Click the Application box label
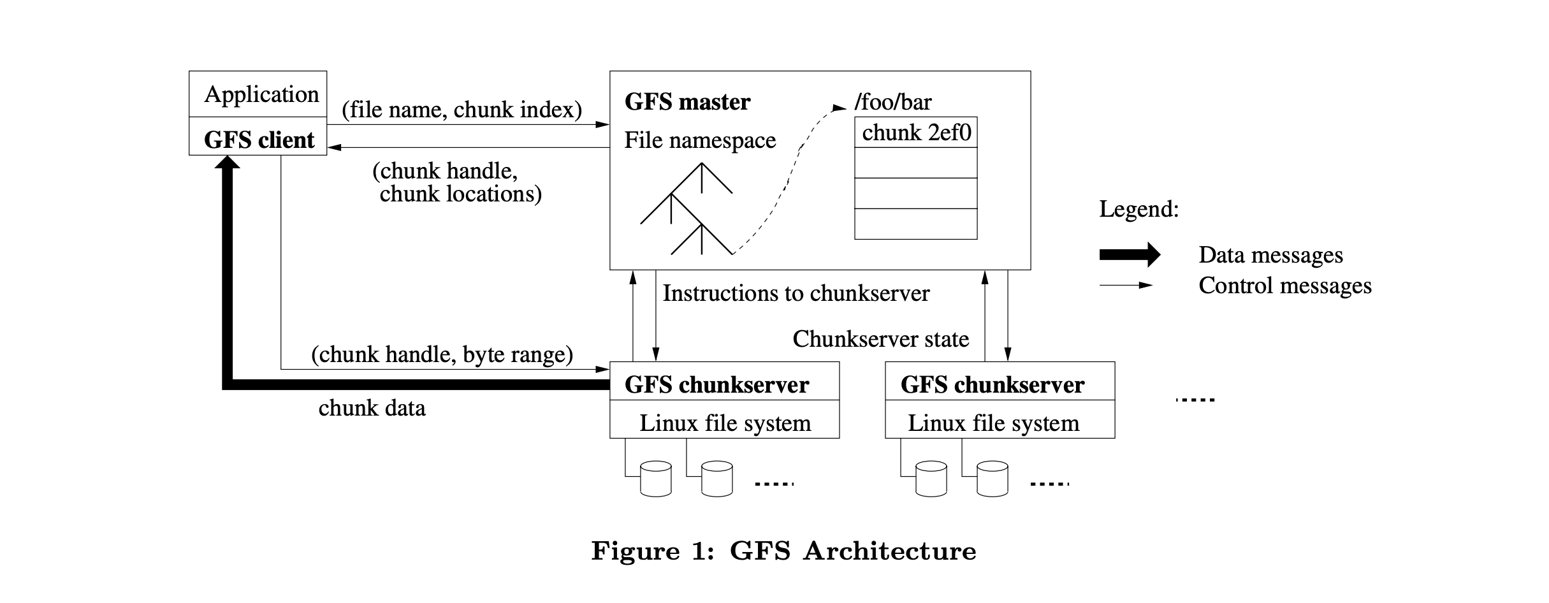coord(261,94)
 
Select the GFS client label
coord(259,140)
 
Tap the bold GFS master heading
coord(687,102)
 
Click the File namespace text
coord(700,140)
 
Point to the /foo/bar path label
coord(892,102)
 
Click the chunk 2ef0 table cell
coord(916,133)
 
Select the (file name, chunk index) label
coord(462,110)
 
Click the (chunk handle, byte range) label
coord(442,354)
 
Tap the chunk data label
coord(372,408)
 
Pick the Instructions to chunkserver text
coord(796,293)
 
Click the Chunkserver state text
coord(880,339)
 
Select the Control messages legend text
coord(1284,286)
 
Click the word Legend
coord(1138,209)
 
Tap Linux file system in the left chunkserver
coord(725,423)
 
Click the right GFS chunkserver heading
coord(992,385)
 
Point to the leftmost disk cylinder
coord(655,479)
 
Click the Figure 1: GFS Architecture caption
coord(783,551)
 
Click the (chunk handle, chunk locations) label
coord(456,182)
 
